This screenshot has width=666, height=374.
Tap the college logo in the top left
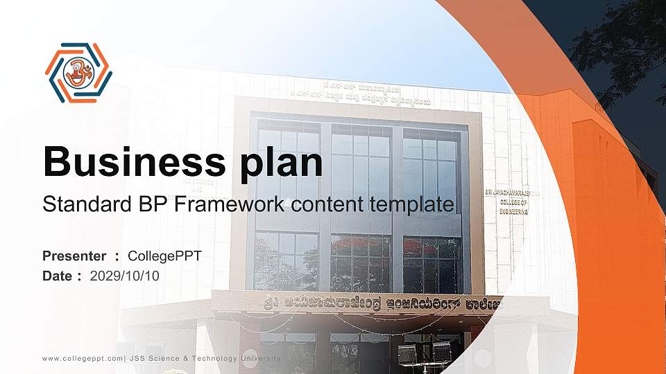pyautogui.click(x=78, y=72)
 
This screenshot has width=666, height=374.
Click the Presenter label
pyautogui.click(x=74, y=256)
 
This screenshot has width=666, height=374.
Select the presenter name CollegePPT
pyautogui.click(x=165, y=256)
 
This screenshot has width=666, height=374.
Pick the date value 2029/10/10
pyautogui.click(x=125, y=276)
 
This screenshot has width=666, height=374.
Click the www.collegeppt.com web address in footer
pyautogui.click(x=83, y=358)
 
